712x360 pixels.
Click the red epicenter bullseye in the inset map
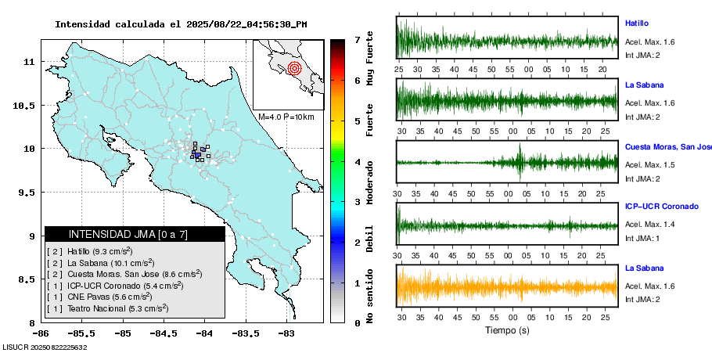click(x=294, y=68)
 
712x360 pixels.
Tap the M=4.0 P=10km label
click(x=286, y=117)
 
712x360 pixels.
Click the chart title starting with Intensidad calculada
click(x=181, y=24)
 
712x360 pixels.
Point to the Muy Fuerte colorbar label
click(x=370, y=60)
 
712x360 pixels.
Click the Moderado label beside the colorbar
click(x=370, y=181)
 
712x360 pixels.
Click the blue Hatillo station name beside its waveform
click(x=637, y=23)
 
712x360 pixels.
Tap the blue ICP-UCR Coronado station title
click(x=661, y=207)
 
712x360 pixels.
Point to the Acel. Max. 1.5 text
click(x=649, y=164)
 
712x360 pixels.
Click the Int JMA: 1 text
click(x=642, y=238)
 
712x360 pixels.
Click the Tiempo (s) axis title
click(x=507, y=330)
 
